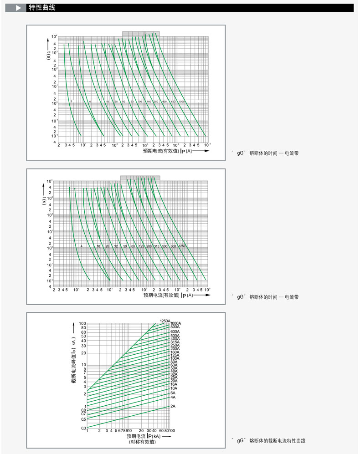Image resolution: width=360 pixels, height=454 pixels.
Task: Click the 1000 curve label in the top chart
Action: (181, 101)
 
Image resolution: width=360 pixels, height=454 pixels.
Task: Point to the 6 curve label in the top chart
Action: (90, 101)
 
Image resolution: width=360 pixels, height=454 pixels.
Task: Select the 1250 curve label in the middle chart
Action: (182, 246)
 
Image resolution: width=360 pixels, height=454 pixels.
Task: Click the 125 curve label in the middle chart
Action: (141, 246)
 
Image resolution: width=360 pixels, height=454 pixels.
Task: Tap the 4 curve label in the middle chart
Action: (81, 246)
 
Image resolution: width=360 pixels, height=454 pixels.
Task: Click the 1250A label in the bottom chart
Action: (165, 321)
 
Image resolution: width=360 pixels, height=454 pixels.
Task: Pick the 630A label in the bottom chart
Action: (175, 332)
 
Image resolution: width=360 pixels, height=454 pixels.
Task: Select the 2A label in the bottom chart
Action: (173, 406)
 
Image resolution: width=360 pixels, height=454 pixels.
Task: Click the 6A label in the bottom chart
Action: (173, 393)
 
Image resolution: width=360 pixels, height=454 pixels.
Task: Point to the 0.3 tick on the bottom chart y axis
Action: (83, 428)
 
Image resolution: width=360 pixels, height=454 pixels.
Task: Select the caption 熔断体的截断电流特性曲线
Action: (278, 441)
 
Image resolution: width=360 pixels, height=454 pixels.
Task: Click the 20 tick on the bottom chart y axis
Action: (83, 353)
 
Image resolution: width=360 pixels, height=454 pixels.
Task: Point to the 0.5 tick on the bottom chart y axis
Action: (83, 419)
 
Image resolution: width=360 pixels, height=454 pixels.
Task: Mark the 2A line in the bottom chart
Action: (128, 417)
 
